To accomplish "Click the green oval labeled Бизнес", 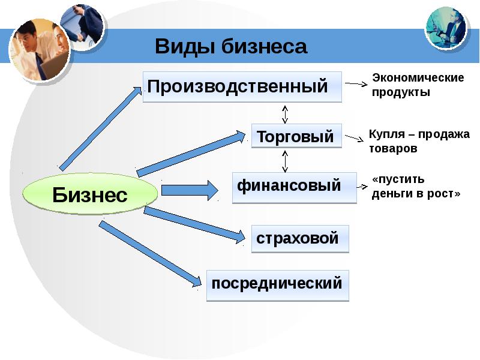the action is click(x=90, y=194).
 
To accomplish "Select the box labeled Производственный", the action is click(x=242, y=87).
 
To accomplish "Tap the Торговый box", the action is click(x=296, y=136).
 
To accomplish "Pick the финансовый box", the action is click(x=295, y=188).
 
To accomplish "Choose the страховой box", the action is click(x=300, y=239).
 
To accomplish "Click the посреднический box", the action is click(x=278, y=286).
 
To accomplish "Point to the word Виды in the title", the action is click(x=184, y=47).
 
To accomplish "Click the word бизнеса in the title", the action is click(x=264, y=47).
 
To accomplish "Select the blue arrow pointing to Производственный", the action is click(x=100, y=128).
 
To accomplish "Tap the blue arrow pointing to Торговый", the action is click(x=191, y=154).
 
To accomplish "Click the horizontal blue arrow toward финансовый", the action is click(x=190, y=190).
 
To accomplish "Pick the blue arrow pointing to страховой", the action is click(x=194, y=225).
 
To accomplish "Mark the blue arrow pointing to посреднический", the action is click(x=150, y=254).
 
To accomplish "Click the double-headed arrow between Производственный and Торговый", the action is click(x=285, y=115).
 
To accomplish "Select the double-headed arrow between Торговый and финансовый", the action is click(x=285, y=161).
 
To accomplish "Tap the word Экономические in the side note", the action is click(x=418, y=78).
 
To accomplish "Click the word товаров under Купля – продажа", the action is click(x=393, y=149).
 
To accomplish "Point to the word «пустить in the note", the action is click(x=398, y=179).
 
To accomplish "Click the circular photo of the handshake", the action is click(x=83, y=28).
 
